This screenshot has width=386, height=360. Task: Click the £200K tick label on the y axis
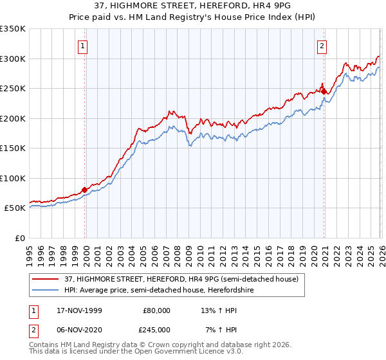pyautogui.click(x=13, y=118)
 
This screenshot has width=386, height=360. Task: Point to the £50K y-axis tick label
pyautogui.click(x=15, y=208)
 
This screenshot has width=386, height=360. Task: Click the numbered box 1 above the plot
pyautogui.click(x=84, y=46)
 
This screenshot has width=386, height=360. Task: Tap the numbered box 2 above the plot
pyautogui.click(x=322, y=46)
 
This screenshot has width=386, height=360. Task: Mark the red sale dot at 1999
pyautogui.click(x=85, y=190)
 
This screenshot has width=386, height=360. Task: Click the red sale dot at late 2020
pyautogui.click(x=324, y=91)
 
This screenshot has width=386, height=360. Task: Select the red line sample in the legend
pyautogui.click(x=45, y=280)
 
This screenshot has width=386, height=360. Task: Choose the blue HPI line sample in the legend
pyautogui.click(x=45, y=290)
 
